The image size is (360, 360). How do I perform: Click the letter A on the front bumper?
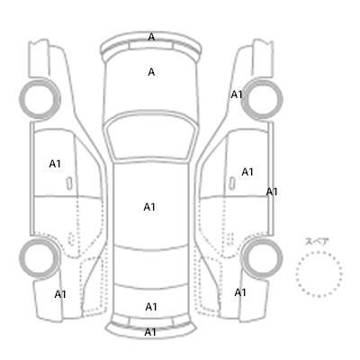click(x=151, y=37)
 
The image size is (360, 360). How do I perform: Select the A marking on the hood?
click(x=151, y=72)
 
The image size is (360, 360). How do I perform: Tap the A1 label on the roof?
click(x=149, y=207)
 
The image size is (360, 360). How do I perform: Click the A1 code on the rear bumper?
click(x=150, y=332)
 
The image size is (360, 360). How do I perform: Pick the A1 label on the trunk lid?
click(x=151, y=307)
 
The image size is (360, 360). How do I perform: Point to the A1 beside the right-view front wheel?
click(x=237, y=94)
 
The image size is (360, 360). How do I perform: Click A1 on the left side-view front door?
click(x=55, y=164)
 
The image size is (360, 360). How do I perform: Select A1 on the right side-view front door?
click(x=247, y=172)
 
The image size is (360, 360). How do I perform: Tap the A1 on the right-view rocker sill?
click(x=272, y=192)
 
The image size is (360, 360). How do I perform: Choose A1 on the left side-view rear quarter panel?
click(x=60, y=294)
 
